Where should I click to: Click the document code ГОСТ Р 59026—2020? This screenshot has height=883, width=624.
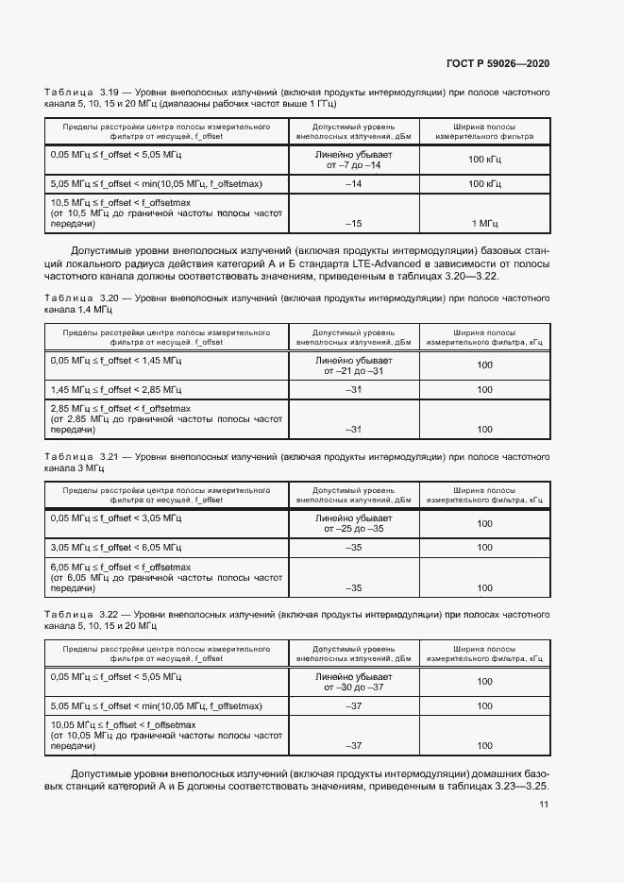tap(498, 63)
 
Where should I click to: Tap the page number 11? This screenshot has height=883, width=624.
tap(544, 804)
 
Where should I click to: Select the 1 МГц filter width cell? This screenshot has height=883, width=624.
tap(484, 224)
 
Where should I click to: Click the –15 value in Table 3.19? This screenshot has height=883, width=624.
tap(353, 224)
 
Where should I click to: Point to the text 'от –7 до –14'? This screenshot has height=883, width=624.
tap(353, 165)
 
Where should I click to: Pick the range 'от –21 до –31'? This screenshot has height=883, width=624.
tap(353, 371)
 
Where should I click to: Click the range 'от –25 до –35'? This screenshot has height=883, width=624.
tap(353, 530)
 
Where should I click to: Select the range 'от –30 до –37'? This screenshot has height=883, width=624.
tap(353, 688)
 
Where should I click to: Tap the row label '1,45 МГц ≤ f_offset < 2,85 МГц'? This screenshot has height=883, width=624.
tap(117, 390)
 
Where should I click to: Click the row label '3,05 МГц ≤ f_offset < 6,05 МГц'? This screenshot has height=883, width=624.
tap(117, 548)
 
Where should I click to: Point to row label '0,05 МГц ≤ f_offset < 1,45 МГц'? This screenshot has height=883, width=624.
tap(117, 360)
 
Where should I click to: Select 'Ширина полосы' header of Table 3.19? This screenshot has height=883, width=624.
tap(484, 126)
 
